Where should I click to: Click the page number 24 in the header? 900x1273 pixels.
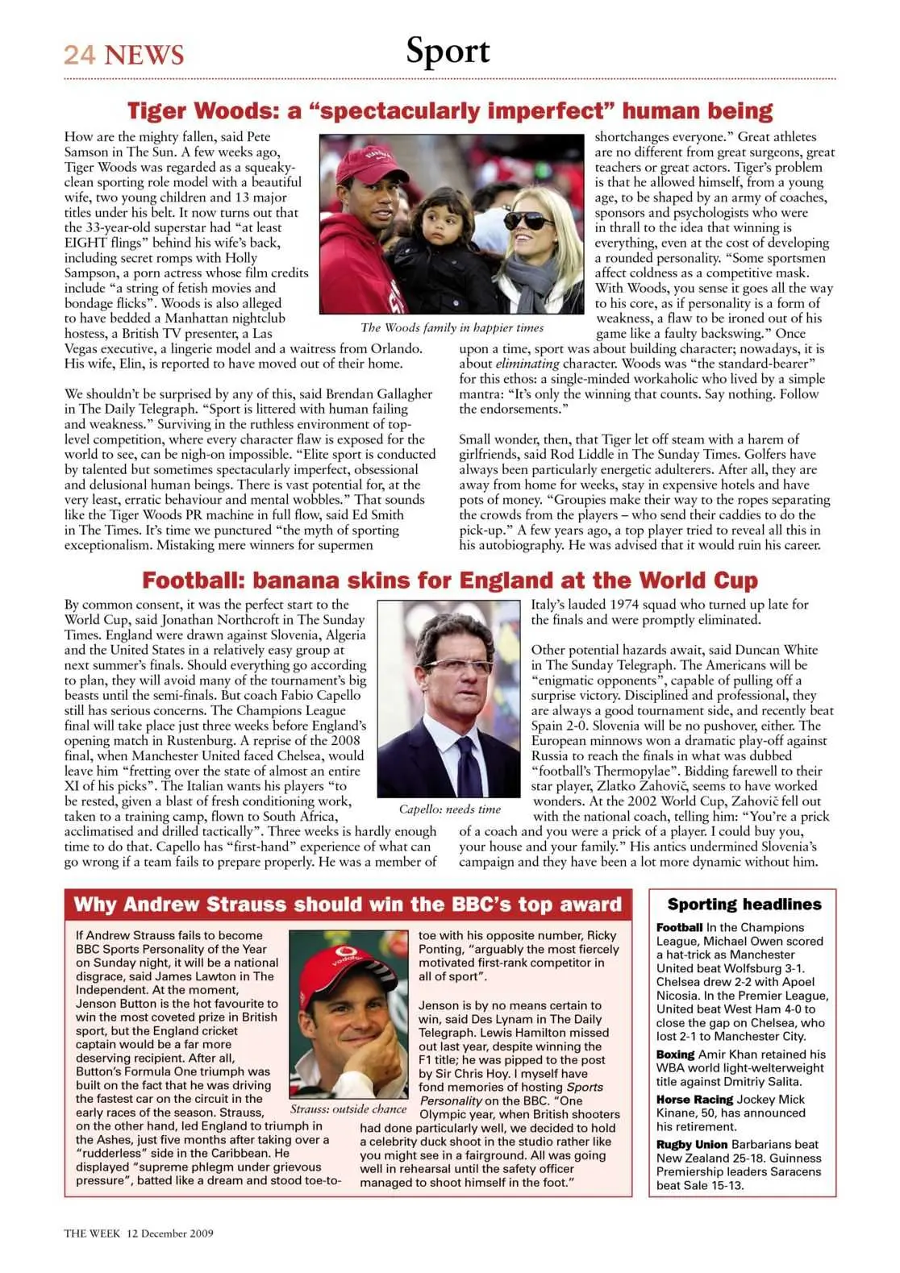80,55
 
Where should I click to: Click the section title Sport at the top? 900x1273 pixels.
448,51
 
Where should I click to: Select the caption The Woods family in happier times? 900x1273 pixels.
452,327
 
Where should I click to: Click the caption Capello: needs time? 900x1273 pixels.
449,809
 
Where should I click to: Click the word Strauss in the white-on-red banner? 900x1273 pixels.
247,904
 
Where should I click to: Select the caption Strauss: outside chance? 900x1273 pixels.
348,1109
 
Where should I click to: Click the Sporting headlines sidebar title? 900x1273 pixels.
744,904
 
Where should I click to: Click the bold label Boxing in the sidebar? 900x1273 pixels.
675,1054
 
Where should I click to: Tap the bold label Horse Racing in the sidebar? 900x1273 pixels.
694,1099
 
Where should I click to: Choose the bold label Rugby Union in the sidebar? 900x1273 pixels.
692,1144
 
